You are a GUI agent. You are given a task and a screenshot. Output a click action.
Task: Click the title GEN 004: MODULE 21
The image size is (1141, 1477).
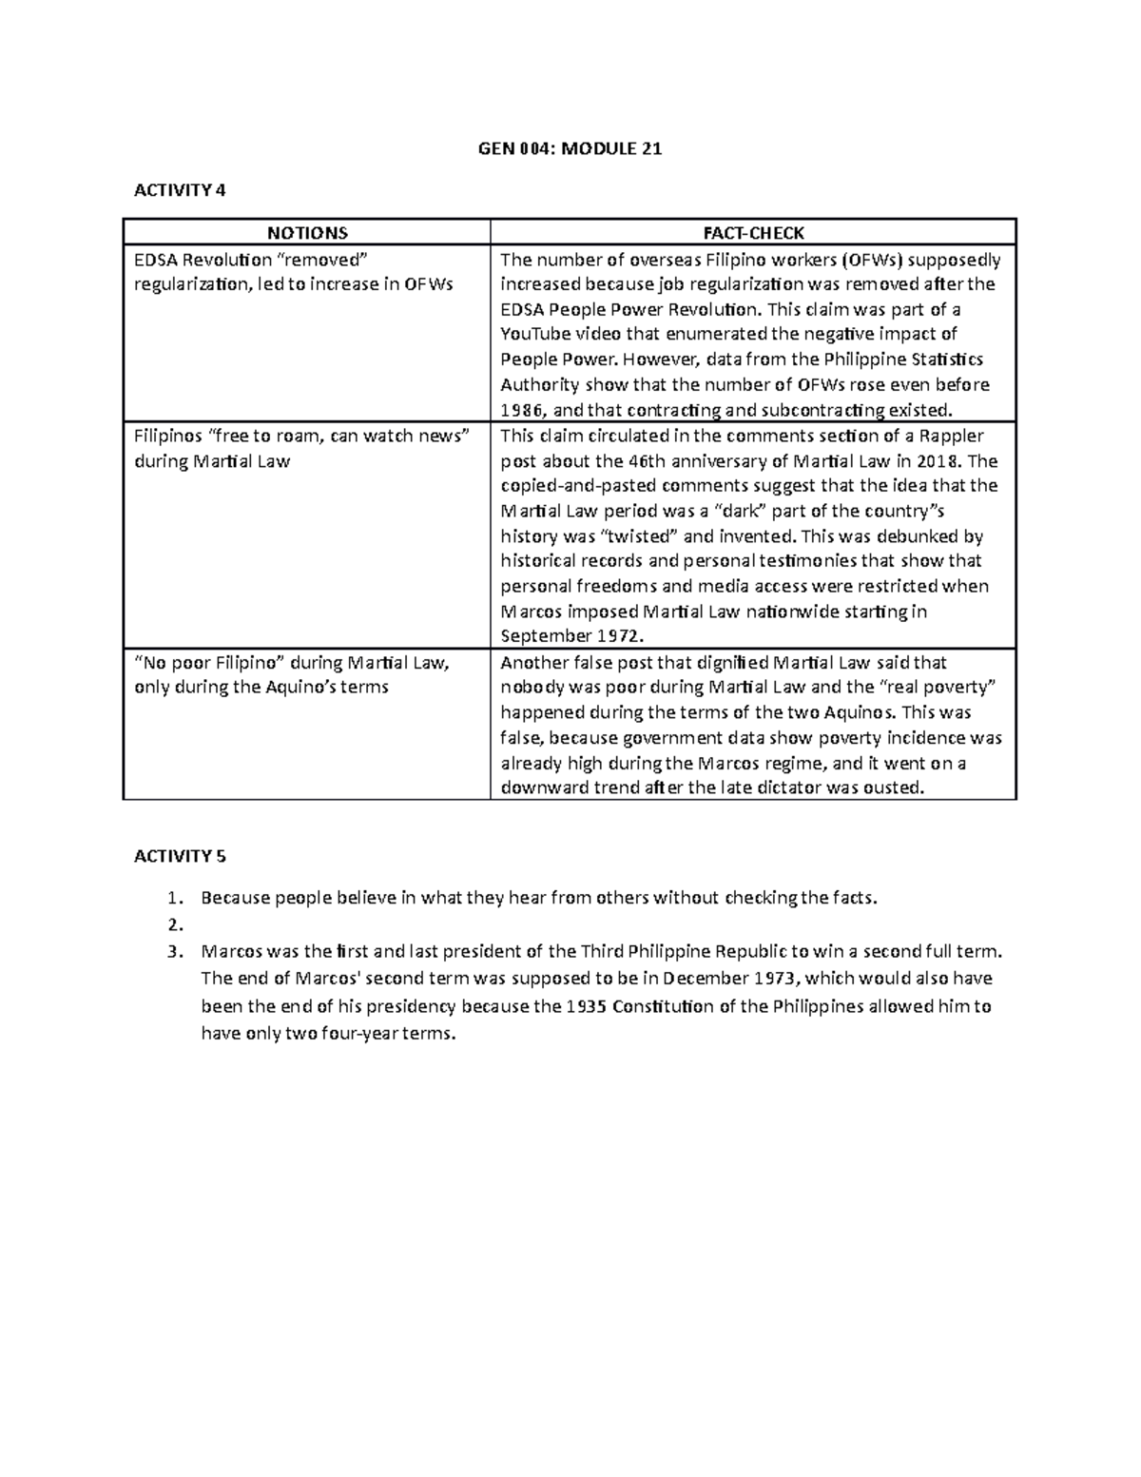[570, 148]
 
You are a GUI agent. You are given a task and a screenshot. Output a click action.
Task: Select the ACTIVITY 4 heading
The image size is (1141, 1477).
[180, 190]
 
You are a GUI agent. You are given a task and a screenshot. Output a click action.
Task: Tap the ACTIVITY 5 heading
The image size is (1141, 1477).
[180, 856]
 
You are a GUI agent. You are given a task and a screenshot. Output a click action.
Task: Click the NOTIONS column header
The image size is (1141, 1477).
[306, 233]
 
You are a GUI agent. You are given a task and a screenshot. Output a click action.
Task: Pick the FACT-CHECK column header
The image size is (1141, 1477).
[753, 233]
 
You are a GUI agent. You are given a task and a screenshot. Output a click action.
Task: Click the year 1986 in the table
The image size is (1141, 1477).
[520, 411]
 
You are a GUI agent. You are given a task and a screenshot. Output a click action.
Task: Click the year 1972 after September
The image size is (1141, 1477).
[619, 636]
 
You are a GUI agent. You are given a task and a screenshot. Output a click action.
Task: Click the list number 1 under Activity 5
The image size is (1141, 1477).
[172, 898]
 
